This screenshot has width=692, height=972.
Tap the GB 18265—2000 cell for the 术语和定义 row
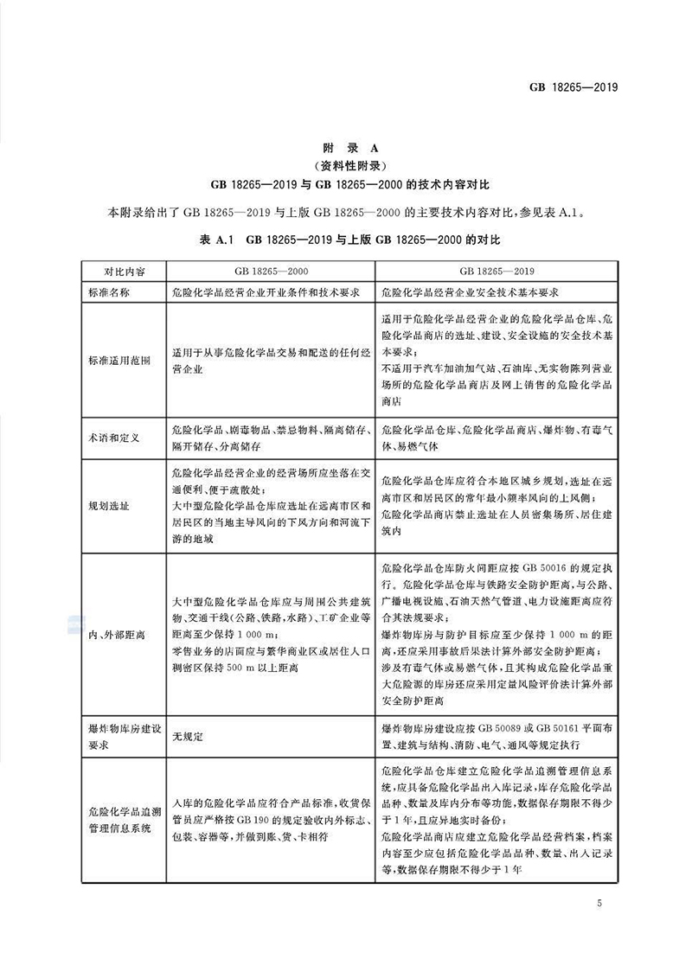[x=272, y=438]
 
